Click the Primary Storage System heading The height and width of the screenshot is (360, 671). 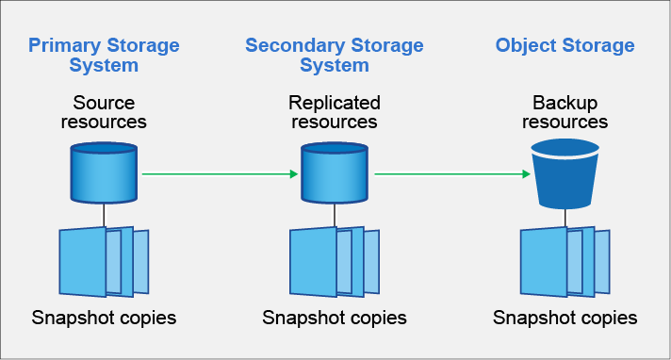point(104,55)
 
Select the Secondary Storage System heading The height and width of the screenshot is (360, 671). point(334,55)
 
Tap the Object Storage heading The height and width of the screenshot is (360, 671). point(565,45)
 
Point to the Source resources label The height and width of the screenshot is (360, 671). point(104,111)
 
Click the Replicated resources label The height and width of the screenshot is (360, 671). point(334,111)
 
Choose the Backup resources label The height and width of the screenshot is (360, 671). point(565,111)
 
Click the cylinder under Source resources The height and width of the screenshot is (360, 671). point(104,172)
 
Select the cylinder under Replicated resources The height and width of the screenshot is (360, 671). point(334,172)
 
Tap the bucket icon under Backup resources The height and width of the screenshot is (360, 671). point(565,173)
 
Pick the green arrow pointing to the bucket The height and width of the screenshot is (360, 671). point(450,173)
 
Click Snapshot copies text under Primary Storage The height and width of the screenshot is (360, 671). point(104,318)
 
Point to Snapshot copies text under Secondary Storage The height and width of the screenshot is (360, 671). point(334,318)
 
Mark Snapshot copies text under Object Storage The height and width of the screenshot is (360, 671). point(565,318)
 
